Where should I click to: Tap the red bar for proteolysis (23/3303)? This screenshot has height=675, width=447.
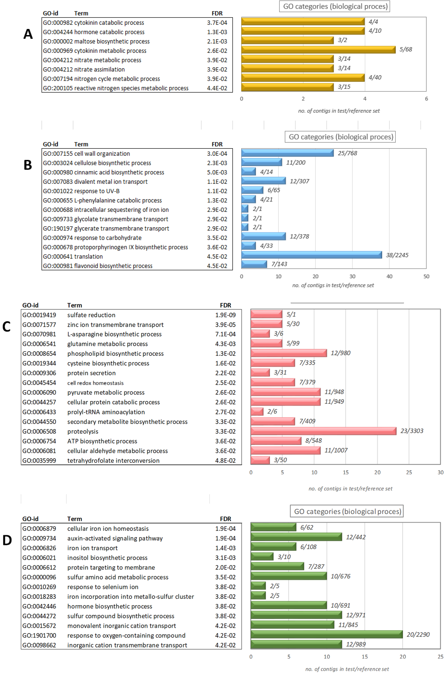pyautogui.click(x=323, y=431)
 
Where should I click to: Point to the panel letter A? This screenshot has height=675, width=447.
pyautogui.click(x=28, y=34)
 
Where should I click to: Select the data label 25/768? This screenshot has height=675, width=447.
pyautogui.click(x=347, y=153)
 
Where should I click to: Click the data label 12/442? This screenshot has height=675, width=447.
pyautogui.click(x=355, y=537)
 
